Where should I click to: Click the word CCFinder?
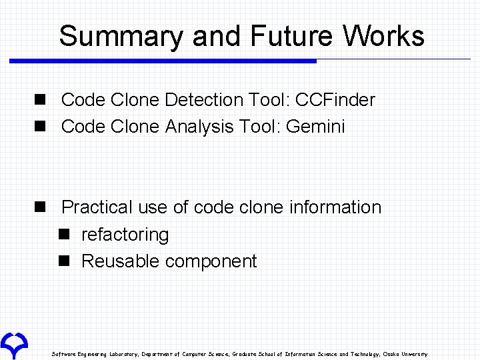tap(335, 100)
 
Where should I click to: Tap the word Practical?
tap(97, 207)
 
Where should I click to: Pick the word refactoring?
tap(125, 235)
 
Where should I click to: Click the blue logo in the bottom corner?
tap(13, 343)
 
